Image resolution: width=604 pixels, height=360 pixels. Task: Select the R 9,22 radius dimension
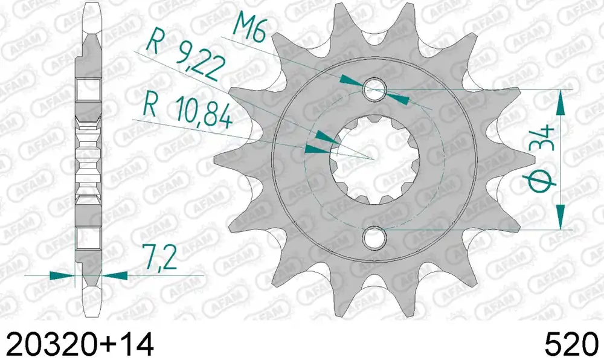click(x=185, y=59)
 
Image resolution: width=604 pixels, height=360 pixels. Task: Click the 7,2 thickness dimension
click(x=159, y=257)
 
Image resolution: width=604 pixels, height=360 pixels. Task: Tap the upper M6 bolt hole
click(x=374, y=89)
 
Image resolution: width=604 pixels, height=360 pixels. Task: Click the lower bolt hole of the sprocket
click(x=374, y=237)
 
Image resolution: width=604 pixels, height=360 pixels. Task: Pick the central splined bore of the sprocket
click(x=374, y=160)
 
